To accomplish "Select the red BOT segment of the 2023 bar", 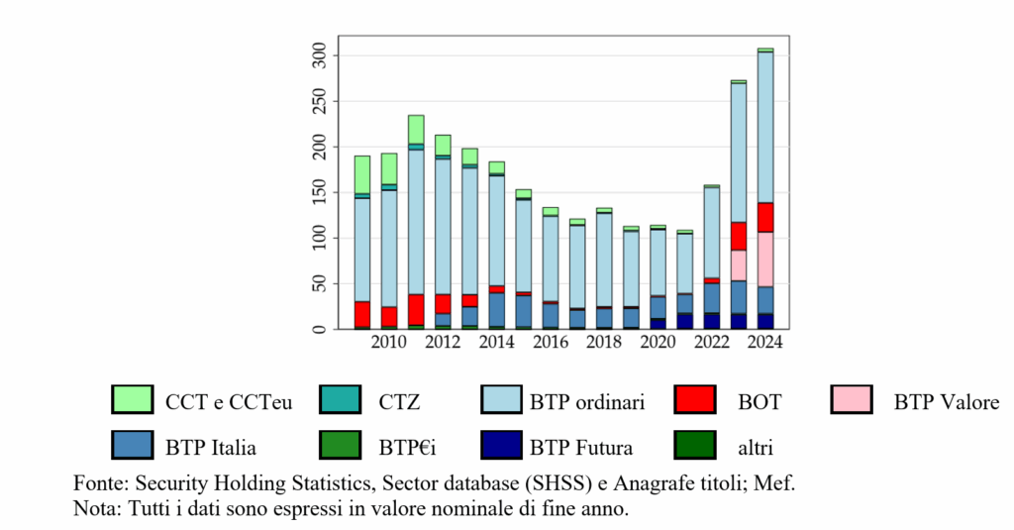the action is click(739, 236).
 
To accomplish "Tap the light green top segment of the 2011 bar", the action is click(416, 130).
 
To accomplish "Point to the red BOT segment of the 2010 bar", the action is click(388, 316).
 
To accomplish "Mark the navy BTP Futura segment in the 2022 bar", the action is click(712, 322).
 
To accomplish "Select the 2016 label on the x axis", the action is click(551, 342).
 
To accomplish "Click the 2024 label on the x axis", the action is click(765, 342).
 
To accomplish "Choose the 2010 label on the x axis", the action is click(388, 342).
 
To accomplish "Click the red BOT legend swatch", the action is click(695, 399).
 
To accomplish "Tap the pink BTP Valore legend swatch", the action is click(852, 399).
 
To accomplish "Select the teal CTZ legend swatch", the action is click(341, 399).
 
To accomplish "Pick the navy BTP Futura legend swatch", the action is click(501, 445).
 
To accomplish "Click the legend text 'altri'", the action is click(756, 448).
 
